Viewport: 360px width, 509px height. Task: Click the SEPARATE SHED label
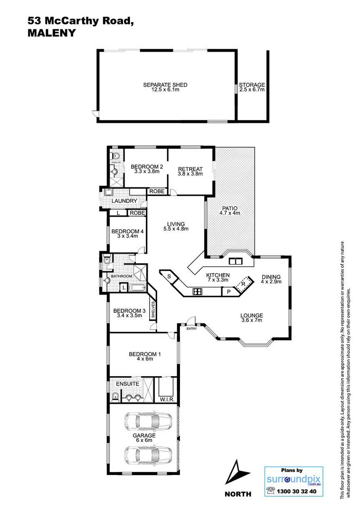tap(165, 85)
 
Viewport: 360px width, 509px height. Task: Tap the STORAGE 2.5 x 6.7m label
tap(252, 87)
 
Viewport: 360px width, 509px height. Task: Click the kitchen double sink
tap(235, 261)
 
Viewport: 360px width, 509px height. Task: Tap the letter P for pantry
tap(229, 292)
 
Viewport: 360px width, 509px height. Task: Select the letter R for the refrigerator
tap(243, 284)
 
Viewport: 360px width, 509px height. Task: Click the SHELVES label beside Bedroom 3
tap(153, 310)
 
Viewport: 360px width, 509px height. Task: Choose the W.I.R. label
tap(167, 399)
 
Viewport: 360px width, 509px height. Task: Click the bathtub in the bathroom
tap(137, 288)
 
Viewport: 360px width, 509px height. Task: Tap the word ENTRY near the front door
tap(191, 329)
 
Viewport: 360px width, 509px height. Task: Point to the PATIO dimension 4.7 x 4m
tap(230, 213)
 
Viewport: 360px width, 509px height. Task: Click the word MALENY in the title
tap(51, 33)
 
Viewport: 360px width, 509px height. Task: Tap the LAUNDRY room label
tap(124, 201)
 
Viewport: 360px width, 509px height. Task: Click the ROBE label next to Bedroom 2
tap(157, 191)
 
